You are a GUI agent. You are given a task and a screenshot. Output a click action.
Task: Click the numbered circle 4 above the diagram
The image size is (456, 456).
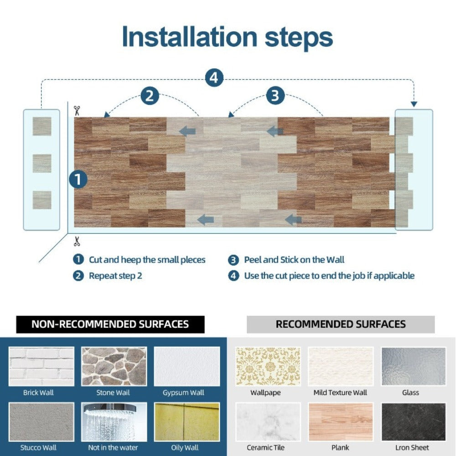pos(214,78)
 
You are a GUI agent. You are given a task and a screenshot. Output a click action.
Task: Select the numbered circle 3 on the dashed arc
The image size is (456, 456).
pos(275,96)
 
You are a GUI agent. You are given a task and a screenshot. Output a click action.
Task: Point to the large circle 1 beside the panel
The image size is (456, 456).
pos(78,179)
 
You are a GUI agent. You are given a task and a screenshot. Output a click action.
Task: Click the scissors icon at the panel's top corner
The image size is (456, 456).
pos(77,110)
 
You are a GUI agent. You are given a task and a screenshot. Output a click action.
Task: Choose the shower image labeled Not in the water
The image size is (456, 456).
pos(114,422)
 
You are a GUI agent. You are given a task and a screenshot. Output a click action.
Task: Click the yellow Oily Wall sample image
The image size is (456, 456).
pos(187,422)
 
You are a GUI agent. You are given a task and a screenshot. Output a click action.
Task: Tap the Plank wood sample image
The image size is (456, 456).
pos(341,422)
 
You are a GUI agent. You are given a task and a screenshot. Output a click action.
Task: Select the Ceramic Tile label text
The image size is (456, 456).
pos(265,447)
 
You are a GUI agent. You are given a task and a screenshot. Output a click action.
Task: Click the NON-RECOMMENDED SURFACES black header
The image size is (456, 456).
pos(110,324)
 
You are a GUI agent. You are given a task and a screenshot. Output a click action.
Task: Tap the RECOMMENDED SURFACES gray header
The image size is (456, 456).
pos(341,324)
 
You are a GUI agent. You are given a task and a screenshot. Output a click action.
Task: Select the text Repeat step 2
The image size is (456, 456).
pos(115,275)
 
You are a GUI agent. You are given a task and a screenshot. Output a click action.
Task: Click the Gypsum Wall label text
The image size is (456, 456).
pos(183,392)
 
